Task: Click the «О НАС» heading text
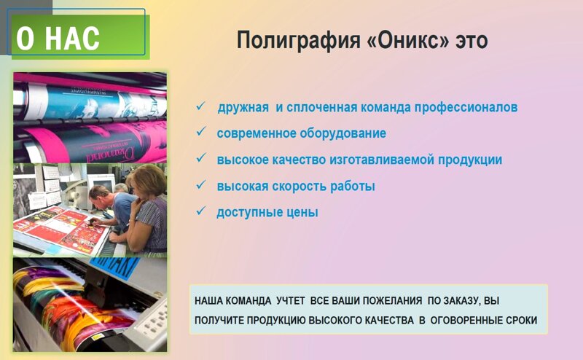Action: coord(58,38)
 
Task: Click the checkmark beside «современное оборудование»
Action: coord(201,131)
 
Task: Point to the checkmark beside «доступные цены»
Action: coord(201,211)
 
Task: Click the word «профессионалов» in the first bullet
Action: coord(466,107)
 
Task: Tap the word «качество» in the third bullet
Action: coord(299,160)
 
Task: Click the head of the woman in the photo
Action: coord(147,181)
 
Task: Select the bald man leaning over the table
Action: coord(111,208)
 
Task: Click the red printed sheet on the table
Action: coord(60,229)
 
